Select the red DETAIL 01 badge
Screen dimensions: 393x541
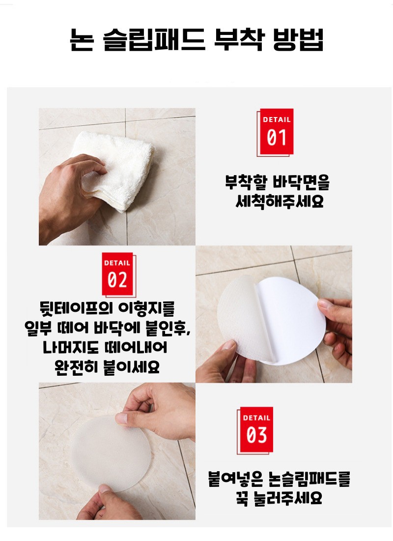tap(275, 132)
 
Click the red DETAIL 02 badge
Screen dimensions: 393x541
tap(118, 274)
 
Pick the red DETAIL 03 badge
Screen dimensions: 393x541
tap(255, 430)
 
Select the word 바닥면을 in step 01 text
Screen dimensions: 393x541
tap(301, 182)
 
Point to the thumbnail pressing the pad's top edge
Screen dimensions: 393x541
tap(121, 418)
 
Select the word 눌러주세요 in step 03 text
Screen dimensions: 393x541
tap(287, 498)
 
